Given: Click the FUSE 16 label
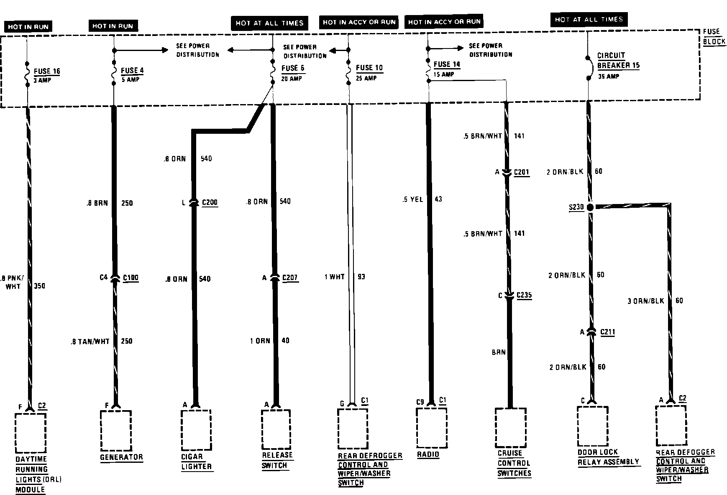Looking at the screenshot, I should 47,71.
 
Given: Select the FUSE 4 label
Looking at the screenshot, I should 132,71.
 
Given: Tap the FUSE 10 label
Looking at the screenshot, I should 369,68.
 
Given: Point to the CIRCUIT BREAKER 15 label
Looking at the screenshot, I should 618,61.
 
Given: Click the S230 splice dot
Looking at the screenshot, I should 590,207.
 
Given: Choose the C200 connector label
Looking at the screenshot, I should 210,203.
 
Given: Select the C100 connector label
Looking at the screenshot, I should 131,278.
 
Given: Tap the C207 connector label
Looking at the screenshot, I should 290,278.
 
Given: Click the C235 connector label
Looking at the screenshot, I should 524,295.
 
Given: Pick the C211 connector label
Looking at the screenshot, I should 608,332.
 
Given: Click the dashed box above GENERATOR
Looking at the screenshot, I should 116,429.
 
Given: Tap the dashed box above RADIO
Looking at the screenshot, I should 432,428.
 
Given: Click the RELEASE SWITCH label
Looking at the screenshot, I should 277,460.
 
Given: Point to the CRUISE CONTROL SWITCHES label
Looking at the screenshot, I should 514,463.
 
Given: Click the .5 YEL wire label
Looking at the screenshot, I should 412,199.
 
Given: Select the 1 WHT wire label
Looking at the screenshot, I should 334,277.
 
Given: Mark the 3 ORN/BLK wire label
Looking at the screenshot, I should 646,301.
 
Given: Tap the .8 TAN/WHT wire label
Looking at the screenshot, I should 90,341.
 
